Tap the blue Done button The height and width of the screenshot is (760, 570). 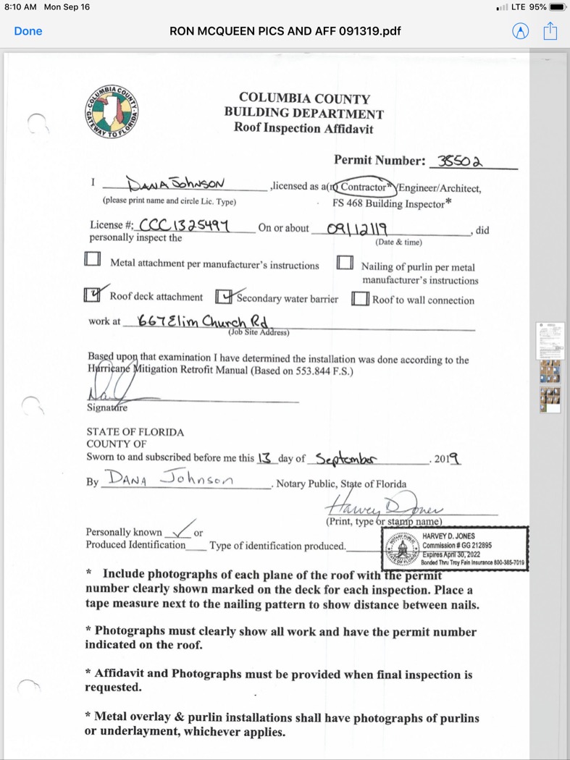point(28,31)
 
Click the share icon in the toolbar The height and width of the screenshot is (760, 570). point(550,31)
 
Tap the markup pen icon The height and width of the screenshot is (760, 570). point(520,31)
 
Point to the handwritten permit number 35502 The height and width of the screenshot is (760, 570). point(461,161)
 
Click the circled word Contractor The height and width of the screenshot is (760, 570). point(364,187)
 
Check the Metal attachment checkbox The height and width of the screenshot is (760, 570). point(93,259)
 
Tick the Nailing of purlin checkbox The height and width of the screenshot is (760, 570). point(345,262)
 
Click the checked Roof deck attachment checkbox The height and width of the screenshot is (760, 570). point(93,295)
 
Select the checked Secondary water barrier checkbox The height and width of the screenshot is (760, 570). point(225,297)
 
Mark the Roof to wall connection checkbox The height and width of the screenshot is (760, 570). point(360,299)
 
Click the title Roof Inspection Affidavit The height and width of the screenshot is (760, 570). point(303,128)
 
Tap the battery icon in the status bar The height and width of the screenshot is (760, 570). point(558,7)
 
